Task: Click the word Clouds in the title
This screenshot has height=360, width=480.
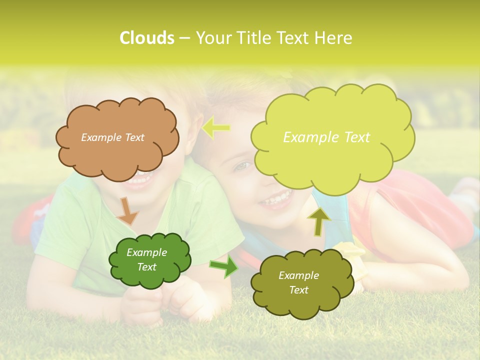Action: (x=147, y=38)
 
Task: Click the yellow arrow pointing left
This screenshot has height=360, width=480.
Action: (x=215, y=128)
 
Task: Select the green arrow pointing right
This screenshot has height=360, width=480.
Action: (x=224, y=266)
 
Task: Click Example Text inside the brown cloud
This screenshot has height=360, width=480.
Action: (x=112, y=137)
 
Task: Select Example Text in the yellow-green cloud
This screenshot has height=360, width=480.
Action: (x=326, y=137)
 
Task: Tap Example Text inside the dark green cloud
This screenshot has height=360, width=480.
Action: (x=147, y=259)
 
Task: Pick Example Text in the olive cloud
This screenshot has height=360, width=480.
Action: (x=298, y=282)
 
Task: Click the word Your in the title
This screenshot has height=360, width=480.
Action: (x=211, y=38)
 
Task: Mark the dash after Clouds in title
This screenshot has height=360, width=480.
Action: (x=184, y=38)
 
